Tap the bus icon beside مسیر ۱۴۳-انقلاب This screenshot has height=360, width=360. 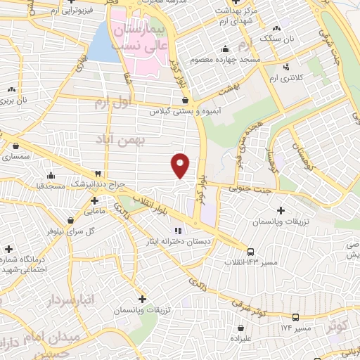click(x=250, y=252)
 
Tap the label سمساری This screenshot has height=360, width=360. click(x=15, y=157)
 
